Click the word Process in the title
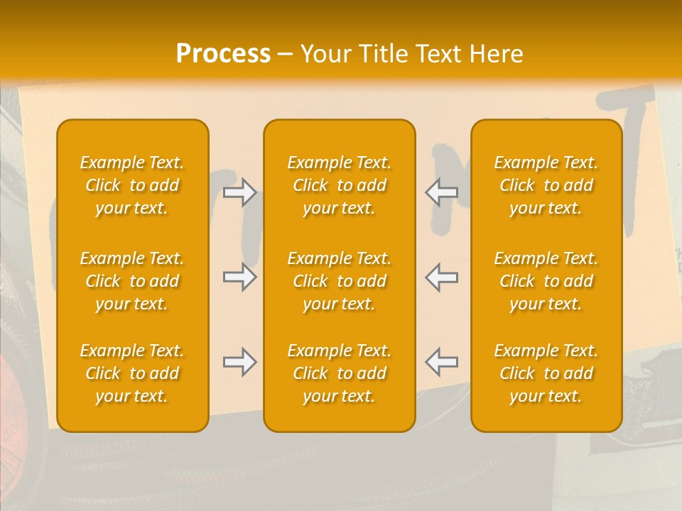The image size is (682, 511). (x=223, y=53)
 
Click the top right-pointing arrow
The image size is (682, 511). (x=239, y=192)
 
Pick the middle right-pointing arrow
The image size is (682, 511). (x=239, y=277)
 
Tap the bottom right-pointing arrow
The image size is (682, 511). (x=239, y=362)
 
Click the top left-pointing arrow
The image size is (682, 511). (x=442, y=192)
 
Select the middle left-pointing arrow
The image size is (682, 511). (x=442, y=277)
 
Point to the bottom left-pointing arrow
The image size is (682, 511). (x=442, y=362)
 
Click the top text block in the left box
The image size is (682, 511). (x=132, y=185)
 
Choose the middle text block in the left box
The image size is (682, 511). (x=132, y=281)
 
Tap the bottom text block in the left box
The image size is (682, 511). (x=132, y=373)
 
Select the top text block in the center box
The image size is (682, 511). (x=340, y=185)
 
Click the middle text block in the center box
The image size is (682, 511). (x=340, y=281)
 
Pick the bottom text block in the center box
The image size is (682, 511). (x=340, y=373)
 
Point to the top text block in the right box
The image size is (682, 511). (x=546, y=185)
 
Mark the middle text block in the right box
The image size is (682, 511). (x=546, y=281)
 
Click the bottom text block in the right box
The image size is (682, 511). (x=546, y=373)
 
